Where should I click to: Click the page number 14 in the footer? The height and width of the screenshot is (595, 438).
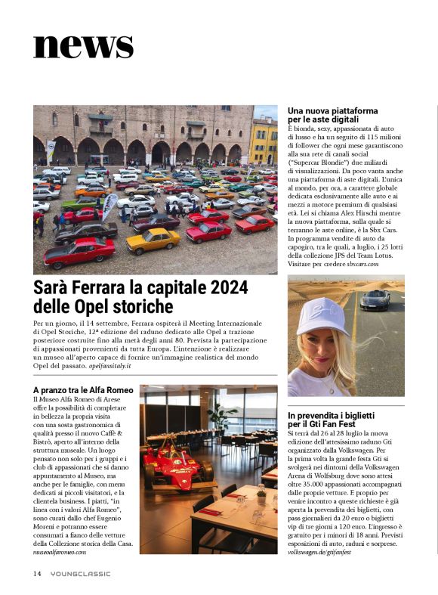tap(36, 574)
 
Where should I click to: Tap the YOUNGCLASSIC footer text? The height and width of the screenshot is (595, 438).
tap(80, 574)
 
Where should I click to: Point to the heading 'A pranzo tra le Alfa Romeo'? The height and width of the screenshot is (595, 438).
tap(83, 389)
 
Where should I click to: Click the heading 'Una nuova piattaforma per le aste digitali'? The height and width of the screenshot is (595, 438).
tap(334, 115)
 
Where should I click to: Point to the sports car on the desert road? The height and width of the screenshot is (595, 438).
tap(375, 300)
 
